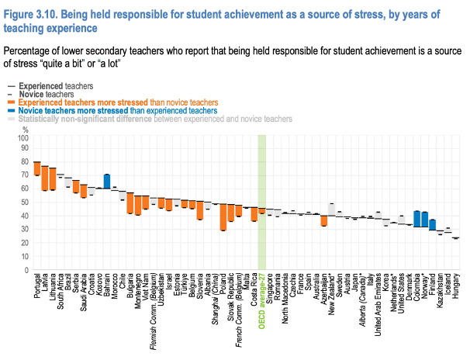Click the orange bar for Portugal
click(x=36, y=168)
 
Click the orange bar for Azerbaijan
click(x=323, y=220)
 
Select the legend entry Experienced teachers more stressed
click(x=116, y=102)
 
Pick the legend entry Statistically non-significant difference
click(x=155, y=119)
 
